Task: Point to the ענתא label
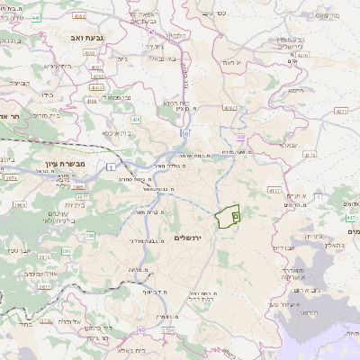pyautogui.click(x=290, y=144)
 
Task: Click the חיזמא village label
pyautogui.click(x=294, y=91)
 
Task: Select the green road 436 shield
pyautogui.click(x=136, y=119)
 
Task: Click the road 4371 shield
pyautogui.click(x=340, y=111)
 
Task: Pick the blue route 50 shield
pyautogui.click(x=184, y=133)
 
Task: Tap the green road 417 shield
pyautogui.click(x=350, y=218)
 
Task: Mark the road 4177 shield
pyautogui.click(x=274, y=191)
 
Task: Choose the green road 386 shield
pyautogui.click(x=90, y=236)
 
